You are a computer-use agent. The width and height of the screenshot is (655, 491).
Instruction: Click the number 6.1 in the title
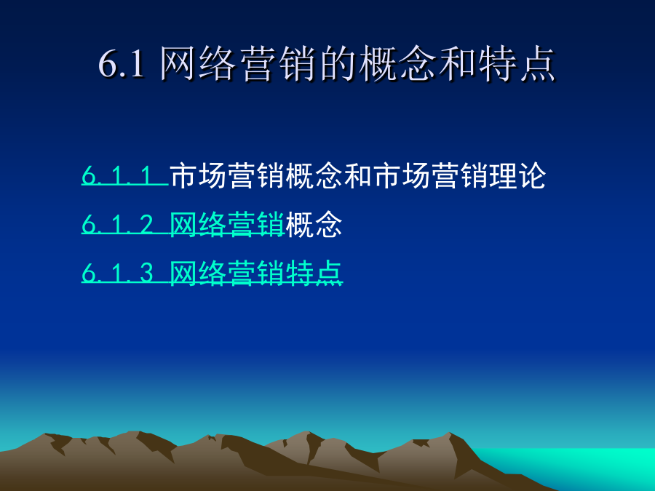coord(122,64)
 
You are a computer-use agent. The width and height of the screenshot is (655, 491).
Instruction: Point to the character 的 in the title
coord(337,63)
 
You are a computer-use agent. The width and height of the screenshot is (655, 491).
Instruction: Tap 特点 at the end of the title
coord(516,63)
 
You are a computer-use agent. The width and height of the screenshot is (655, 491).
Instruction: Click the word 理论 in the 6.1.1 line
coord(517,175)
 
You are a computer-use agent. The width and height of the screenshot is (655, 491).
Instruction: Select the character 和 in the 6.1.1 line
coord(358,175)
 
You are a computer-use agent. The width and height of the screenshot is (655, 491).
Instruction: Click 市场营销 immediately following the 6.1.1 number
coord(227,175)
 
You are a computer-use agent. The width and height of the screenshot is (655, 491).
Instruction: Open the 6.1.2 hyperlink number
coord(117,224)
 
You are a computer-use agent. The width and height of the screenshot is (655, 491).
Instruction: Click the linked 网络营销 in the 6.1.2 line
coord(227,224)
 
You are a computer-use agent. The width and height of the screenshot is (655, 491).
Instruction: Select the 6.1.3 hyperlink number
coord(117,273)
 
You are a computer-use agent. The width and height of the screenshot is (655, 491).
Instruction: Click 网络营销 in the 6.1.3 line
coord(227,273)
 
